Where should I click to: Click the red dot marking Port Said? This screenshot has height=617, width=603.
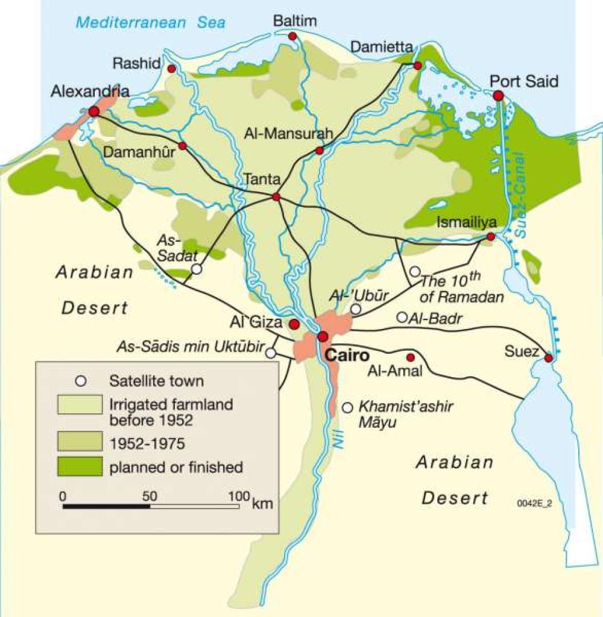[x=498, y=96]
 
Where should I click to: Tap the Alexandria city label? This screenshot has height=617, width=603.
[x=90, y=92]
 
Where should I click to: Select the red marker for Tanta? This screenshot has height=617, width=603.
[x=276, y=197]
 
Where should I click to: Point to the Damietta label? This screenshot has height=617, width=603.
[x=382, y=47]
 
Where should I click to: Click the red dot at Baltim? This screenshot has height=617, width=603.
[x=292, y=37]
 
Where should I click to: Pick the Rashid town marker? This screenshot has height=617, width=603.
[x=172, y=69]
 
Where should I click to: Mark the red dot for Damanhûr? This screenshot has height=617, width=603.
[x=182, y=146]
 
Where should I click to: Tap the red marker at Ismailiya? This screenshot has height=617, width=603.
[x=491, y=237]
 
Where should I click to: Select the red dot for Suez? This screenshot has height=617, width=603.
[x=548, y=358]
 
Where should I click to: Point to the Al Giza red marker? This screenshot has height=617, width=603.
[x=294, y=325]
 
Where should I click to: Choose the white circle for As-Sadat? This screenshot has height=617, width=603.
[x=197, y=269]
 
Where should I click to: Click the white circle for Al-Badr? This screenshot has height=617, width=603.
[x=402, y=317]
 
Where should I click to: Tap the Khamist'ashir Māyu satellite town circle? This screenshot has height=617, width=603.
[x=347, y=408]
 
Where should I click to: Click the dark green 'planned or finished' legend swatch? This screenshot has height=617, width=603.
[x=80, y=466]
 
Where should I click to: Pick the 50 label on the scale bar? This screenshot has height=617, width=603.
[x=150, y=496]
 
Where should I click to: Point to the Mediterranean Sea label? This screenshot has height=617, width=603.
[x=150, y=23]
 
